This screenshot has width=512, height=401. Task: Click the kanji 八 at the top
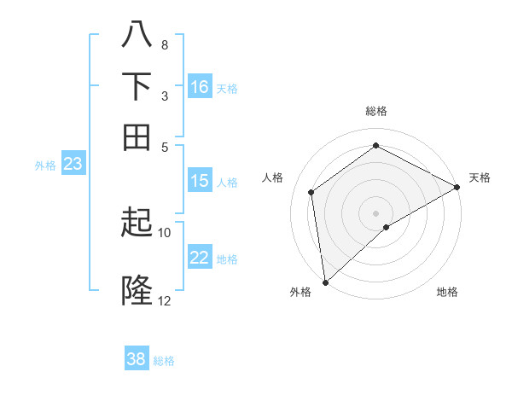137,36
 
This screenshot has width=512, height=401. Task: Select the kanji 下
137,86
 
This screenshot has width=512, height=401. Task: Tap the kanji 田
137,137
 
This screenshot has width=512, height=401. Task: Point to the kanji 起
137,224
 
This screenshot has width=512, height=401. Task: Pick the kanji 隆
137,291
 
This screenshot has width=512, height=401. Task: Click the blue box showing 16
200,87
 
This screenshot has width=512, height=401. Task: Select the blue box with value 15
200,181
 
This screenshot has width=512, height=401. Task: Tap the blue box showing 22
200,258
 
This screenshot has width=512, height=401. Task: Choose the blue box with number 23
73,165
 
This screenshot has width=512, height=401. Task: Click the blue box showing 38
137,359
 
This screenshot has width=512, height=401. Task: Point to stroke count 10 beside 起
165,232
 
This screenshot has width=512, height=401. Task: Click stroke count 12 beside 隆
165,300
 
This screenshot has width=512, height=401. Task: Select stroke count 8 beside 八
164,44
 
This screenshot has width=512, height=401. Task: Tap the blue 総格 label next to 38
164,361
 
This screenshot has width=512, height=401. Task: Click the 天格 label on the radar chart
480,177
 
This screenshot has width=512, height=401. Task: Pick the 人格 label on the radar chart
273,177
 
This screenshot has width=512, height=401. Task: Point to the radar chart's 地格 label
447,292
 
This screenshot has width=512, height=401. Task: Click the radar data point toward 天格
457,189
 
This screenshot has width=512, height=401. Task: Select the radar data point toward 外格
325,282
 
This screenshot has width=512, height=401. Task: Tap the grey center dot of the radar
375,212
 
